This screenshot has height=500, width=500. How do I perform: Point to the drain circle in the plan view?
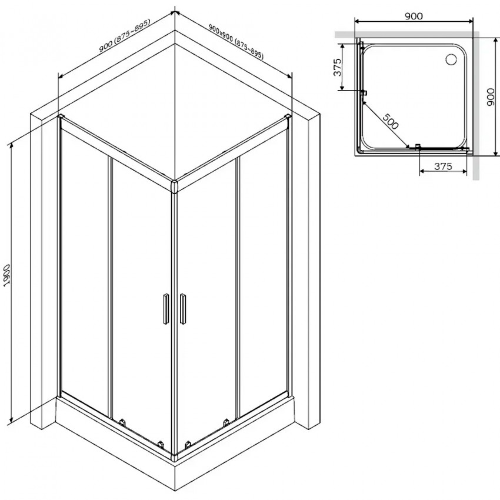[452, 59]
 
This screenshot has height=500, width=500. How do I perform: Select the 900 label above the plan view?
[414, 16]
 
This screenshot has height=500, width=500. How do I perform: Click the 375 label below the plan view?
[442, 166]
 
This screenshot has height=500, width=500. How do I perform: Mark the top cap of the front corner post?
[174, 186]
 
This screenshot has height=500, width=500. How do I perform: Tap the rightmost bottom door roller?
[225, 421]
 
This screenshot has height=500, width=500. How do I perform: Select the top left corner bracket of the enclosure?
[61, 118]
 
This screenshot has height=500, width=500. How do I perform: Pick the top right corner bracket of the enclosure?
[288, 118]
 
